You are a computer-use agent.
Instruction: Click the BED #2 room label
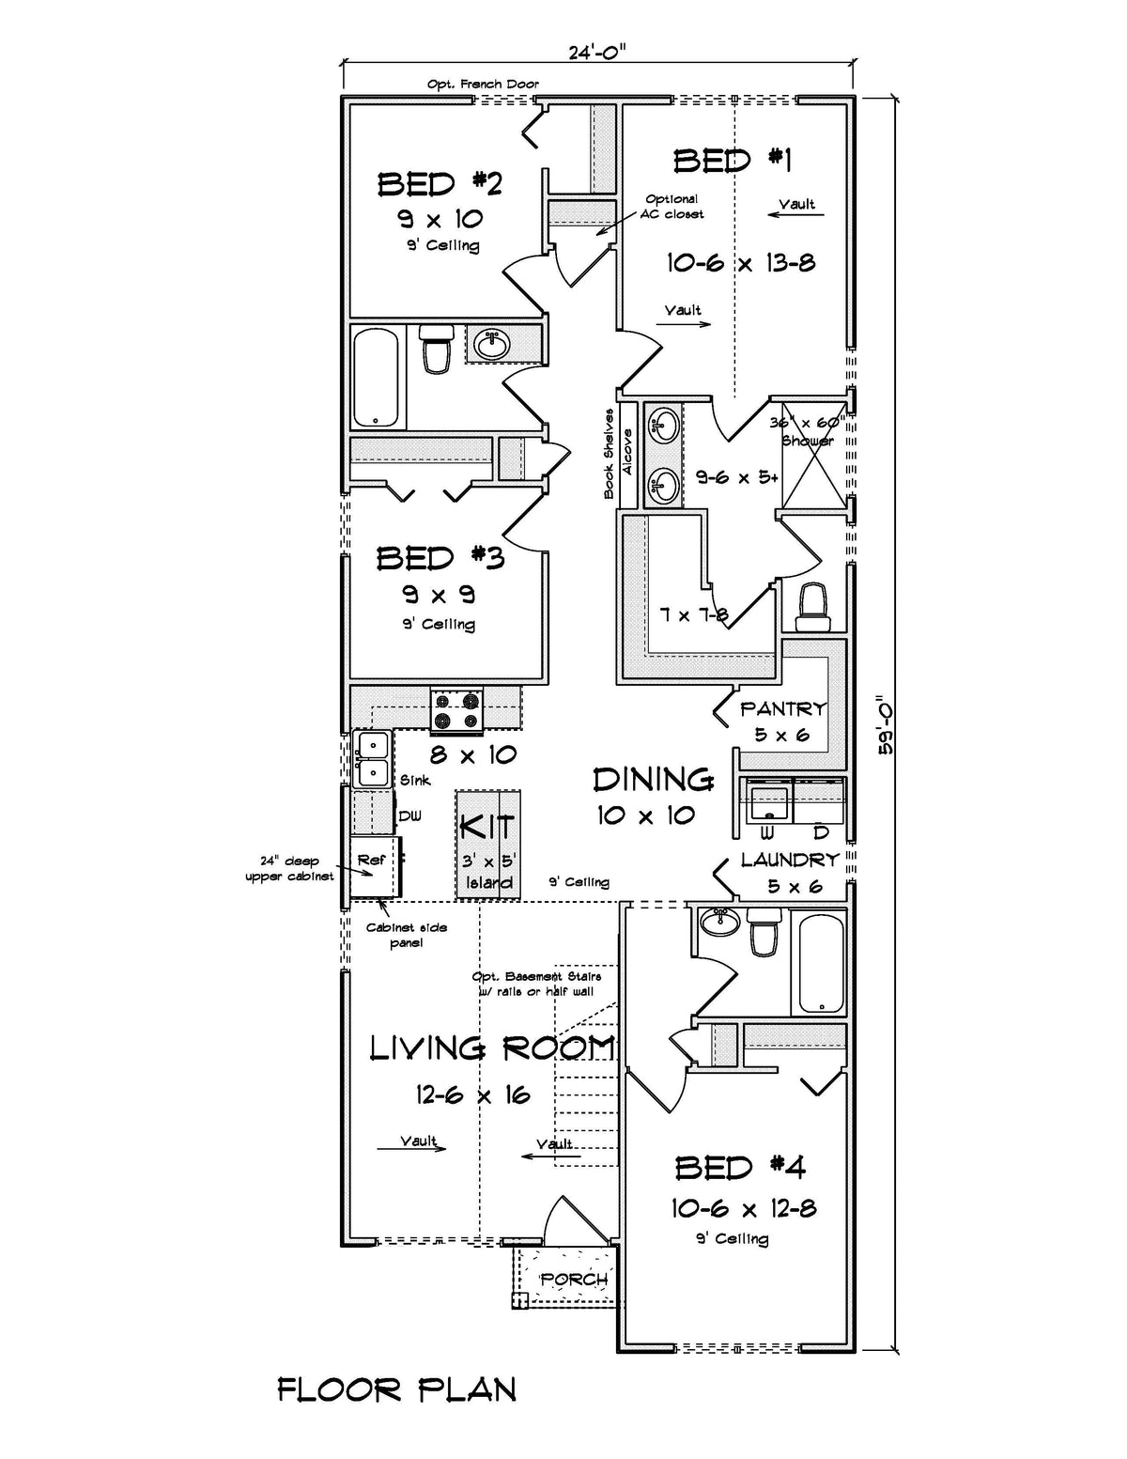point(440,183)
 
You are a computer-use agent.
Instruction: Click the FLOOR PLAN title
point(396,1389)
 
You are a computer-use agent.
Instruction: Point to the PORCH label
point(574,1280)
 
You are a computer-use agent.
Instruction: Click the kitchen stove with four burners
point(456,710)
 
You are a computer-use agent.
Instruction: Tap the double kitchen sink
point(373,758)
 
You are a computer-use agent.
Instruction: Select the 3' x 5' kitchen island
point(488,845)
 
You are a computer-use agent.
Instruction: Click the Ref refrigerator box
point(373,869)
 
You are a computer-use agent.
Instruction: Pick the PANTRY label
point(782,709)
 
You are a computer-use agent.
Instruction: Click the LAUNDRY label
point(789,860)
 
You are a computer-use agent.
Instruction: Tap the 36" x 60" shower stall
point(813,460)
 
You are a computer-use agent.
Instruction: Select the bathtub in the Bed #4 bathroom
point(819,962)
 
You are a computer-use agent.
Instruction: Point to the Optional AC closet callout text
point(672,207)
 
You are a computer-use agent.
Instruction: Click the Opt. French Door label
point(483,85)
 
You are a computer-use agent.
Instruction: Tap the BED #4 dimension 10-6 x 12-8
point(742,1208)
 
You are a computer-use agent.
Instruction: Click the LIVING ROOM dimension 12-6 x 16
point(472,1094)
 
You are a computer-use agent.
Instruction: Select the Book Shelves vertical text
point(609,454)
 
